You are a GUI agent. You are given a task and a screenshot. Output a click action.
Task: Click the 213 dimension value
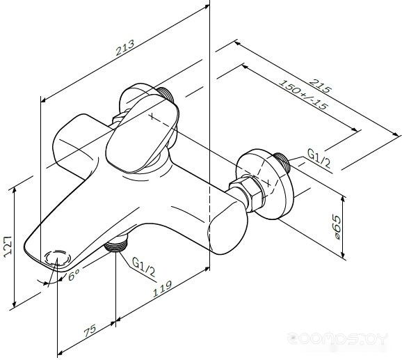tap(125, 47)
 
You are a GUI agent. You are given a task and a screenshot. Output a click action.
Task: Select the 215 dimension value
tap(320, 86)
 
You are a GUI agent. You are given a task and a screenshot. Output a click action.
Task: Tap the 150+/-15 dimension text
tap(303, 95)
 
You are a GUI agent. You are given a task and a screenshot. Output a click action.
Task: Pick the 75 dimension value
tap(90, 331)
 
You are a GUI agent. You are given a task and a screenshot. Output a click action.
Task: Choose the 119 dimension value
tap(162, 289)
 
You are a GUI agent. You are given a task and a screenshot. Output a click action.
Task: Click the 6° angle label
tap(74, 275)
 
